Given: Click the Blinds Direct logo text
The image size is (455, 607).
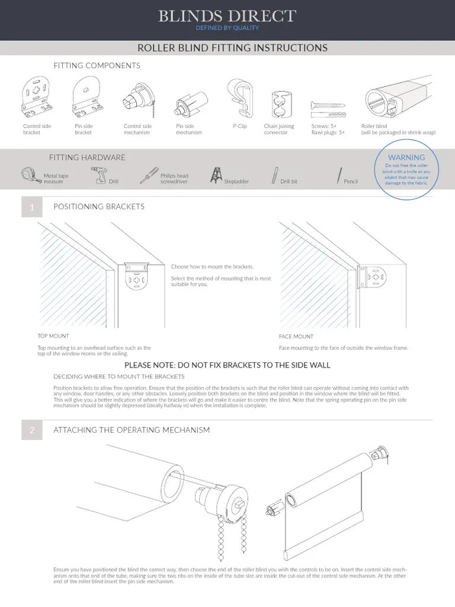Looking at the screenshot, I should click(227, 16).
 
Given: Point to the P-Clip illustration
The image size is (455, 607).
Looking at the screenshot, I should click(240, 98).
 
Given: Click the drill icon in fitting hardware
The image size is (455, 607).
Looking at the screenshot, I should click(99, 175).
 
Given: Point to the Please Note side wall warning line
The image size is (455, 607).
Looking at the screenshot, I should click(227, 365).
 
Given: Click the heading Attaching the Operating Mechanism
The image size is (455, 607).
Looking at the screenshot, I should click(132, 429).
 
